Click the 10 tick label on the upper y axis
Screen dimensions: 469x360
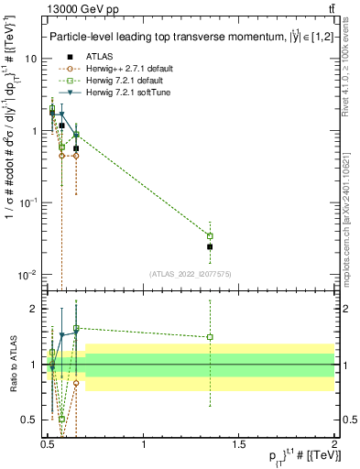(31, 58)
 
